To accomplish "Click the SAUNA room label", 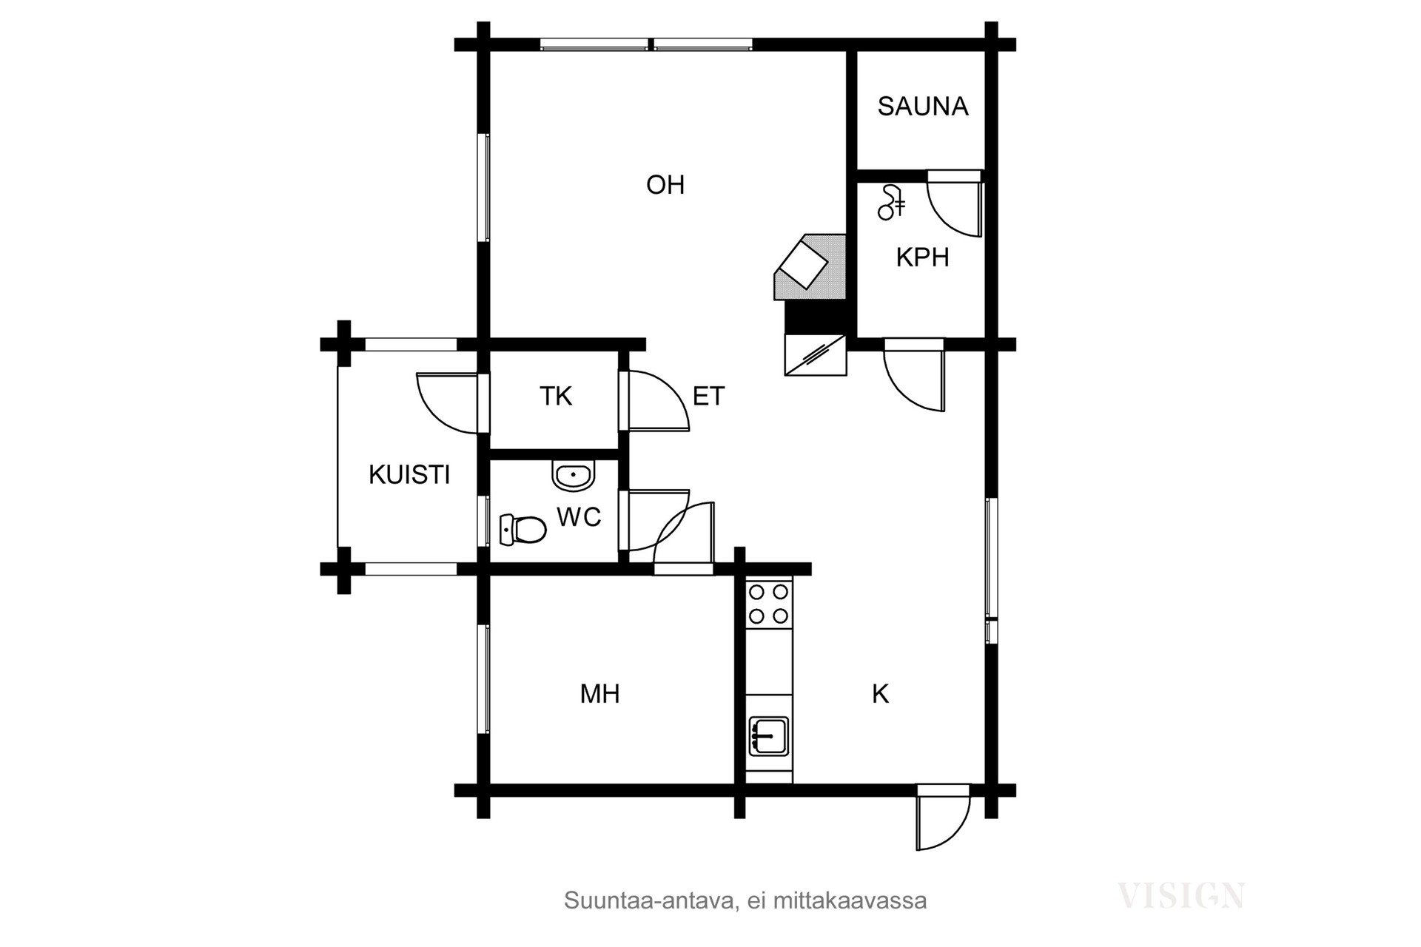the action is [923, 107].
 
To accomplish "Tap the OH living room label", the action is [665, 185].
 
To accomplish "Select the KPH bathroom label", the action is [922, 257].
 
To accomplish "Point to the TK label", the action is [556, 396].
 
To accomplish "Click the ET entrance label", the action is [708, 397].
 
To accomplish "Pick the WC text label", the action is [579, 517].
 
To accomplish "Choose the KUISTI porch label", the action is [409, 474].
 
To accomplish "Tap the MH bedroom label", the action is [599, 694].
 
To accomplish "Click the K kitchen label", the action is [880, 694].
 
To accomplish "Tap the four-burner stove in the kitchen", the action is [769, 604].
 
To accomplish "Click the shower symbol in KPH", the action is [891, 202].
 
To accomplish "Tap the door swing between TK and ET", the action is [659, 400].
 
